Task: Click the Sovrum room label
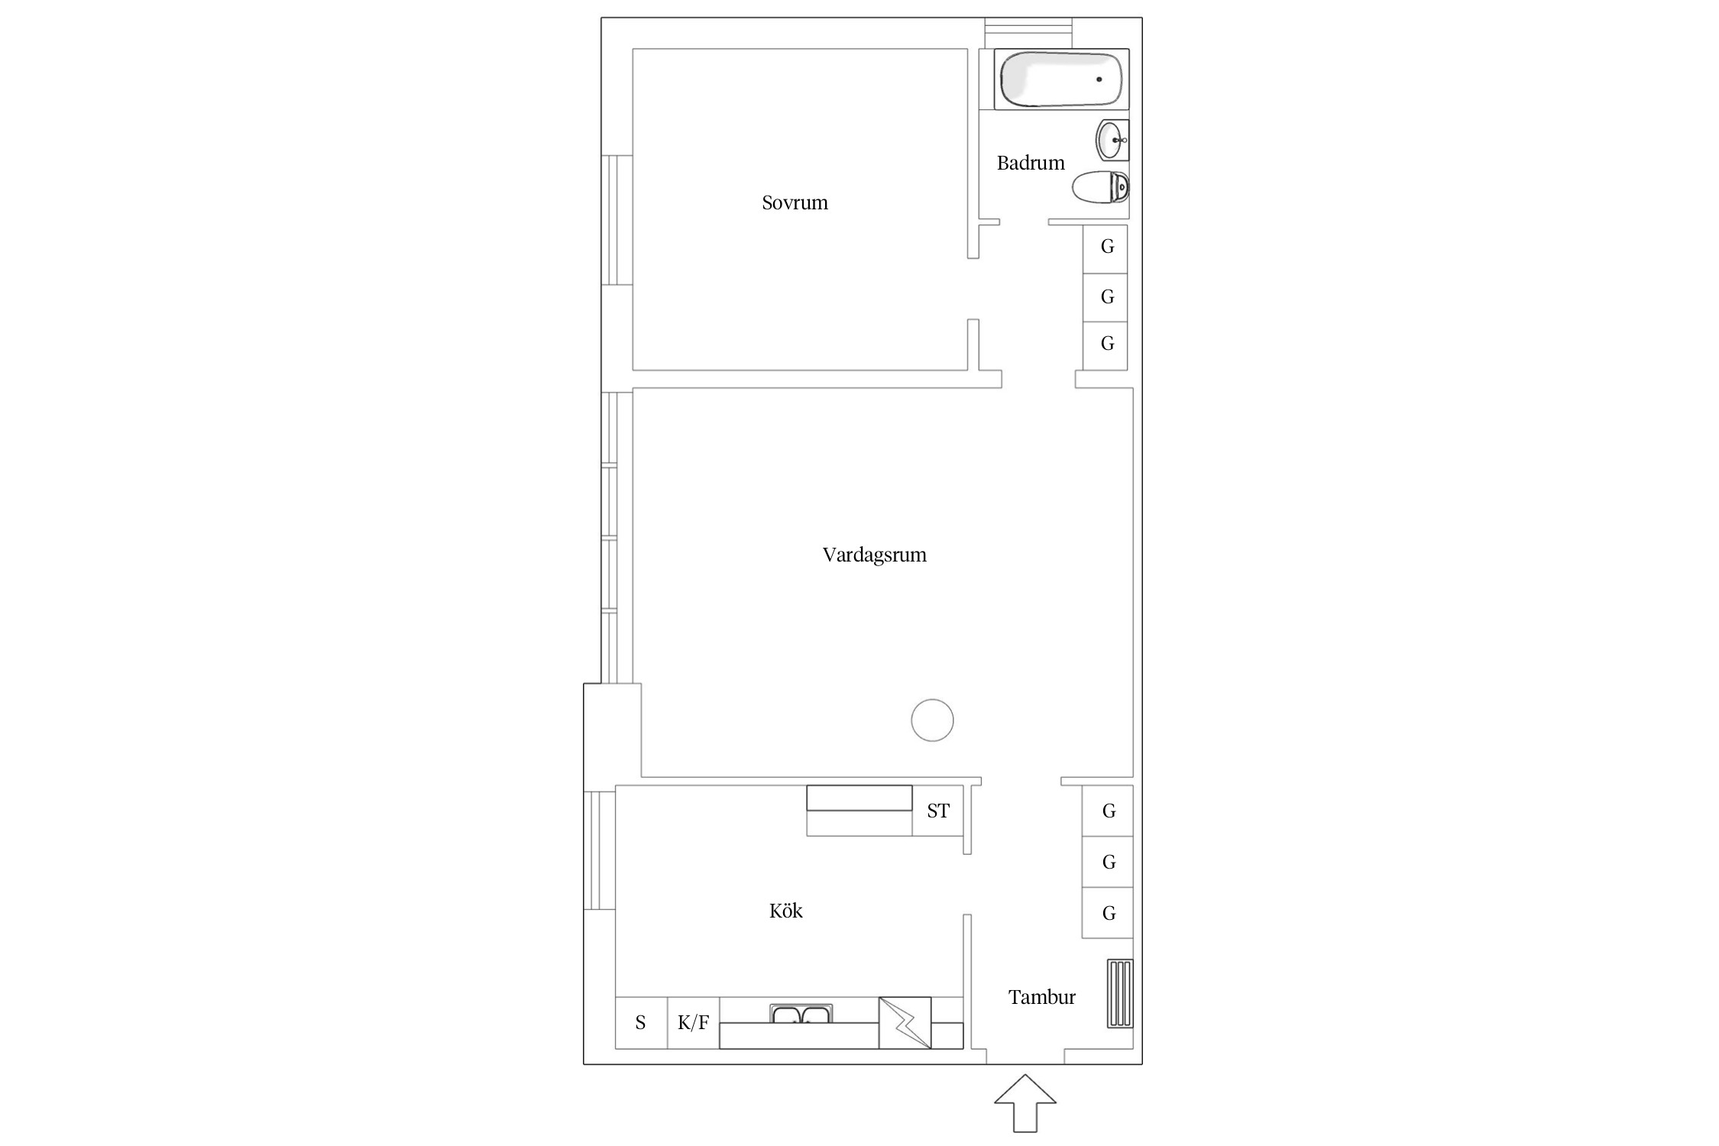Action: pos(795,202)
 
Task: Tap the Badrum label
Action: pos(1031,163)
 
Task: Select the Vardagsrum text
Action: pos(874,555)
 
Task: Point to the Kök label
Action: pos(785,911)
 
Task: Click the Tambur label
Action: pos(1041,997)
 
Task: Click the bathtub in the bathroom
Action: pos(1061,79)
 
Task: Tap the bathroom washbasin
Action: pos(1112,141)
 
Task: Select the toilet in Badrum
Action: pos(1100,187)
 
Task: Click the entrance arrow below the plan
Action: pos(1025,1103)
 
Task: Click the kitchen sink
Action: pos(801,1014)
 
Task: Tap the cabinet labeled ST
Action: pos(938,811)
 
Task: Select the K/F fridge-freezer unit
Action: pos(694,1023)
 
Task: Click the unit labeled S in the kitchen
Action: pos(642,1023)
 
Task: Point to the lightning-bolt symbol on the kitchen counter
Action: pos(905,1023)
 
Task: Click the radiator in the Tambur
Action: pos(1120,994)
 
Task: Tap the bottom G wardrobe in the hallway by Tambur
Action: pos(1108,913)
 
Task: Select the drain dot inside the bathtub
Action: pos(1099,79)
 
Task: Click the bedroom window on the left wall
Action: pos(617,220)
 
